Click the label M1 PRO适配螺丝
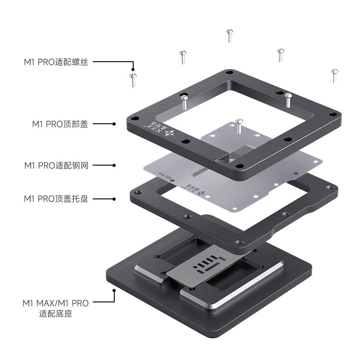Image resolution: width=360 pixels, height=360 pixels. click(56, 62)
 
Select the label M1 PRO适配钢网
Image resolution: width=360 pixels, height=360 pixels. click(56, 165)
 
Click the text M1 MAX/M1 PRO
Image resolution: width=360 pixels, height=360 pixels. click(55, 303)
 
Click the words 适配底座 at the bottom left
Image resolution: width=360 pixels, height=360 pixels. click(56, 314)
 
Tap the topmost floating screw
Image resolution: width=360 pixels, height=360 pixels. click(229, 35)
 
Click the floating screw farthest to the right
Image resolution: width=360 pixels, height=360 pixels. click(334, 75)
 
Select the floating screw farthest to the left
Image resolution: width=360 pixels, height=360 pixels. click(132, 79)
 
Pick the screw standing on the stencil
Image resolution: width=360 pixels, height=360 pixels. click(239, 126)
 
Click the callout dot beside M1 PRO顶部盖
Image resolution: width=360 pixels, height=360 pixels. click(114, 124)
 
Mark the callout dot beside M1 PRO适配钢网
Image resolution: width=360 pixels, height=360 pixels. click(114, 165)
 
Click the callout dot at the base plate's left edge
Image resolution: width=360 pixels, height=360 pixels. click(114, 291)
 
